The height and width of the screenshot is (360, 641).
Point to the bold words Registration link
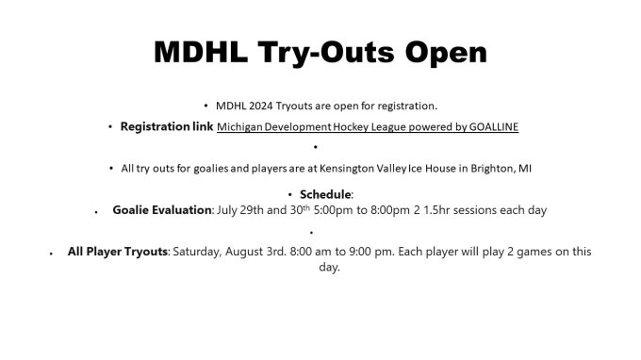[166, 125]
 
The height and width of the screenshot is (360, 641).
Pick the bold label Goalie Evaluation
[161, 209]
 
